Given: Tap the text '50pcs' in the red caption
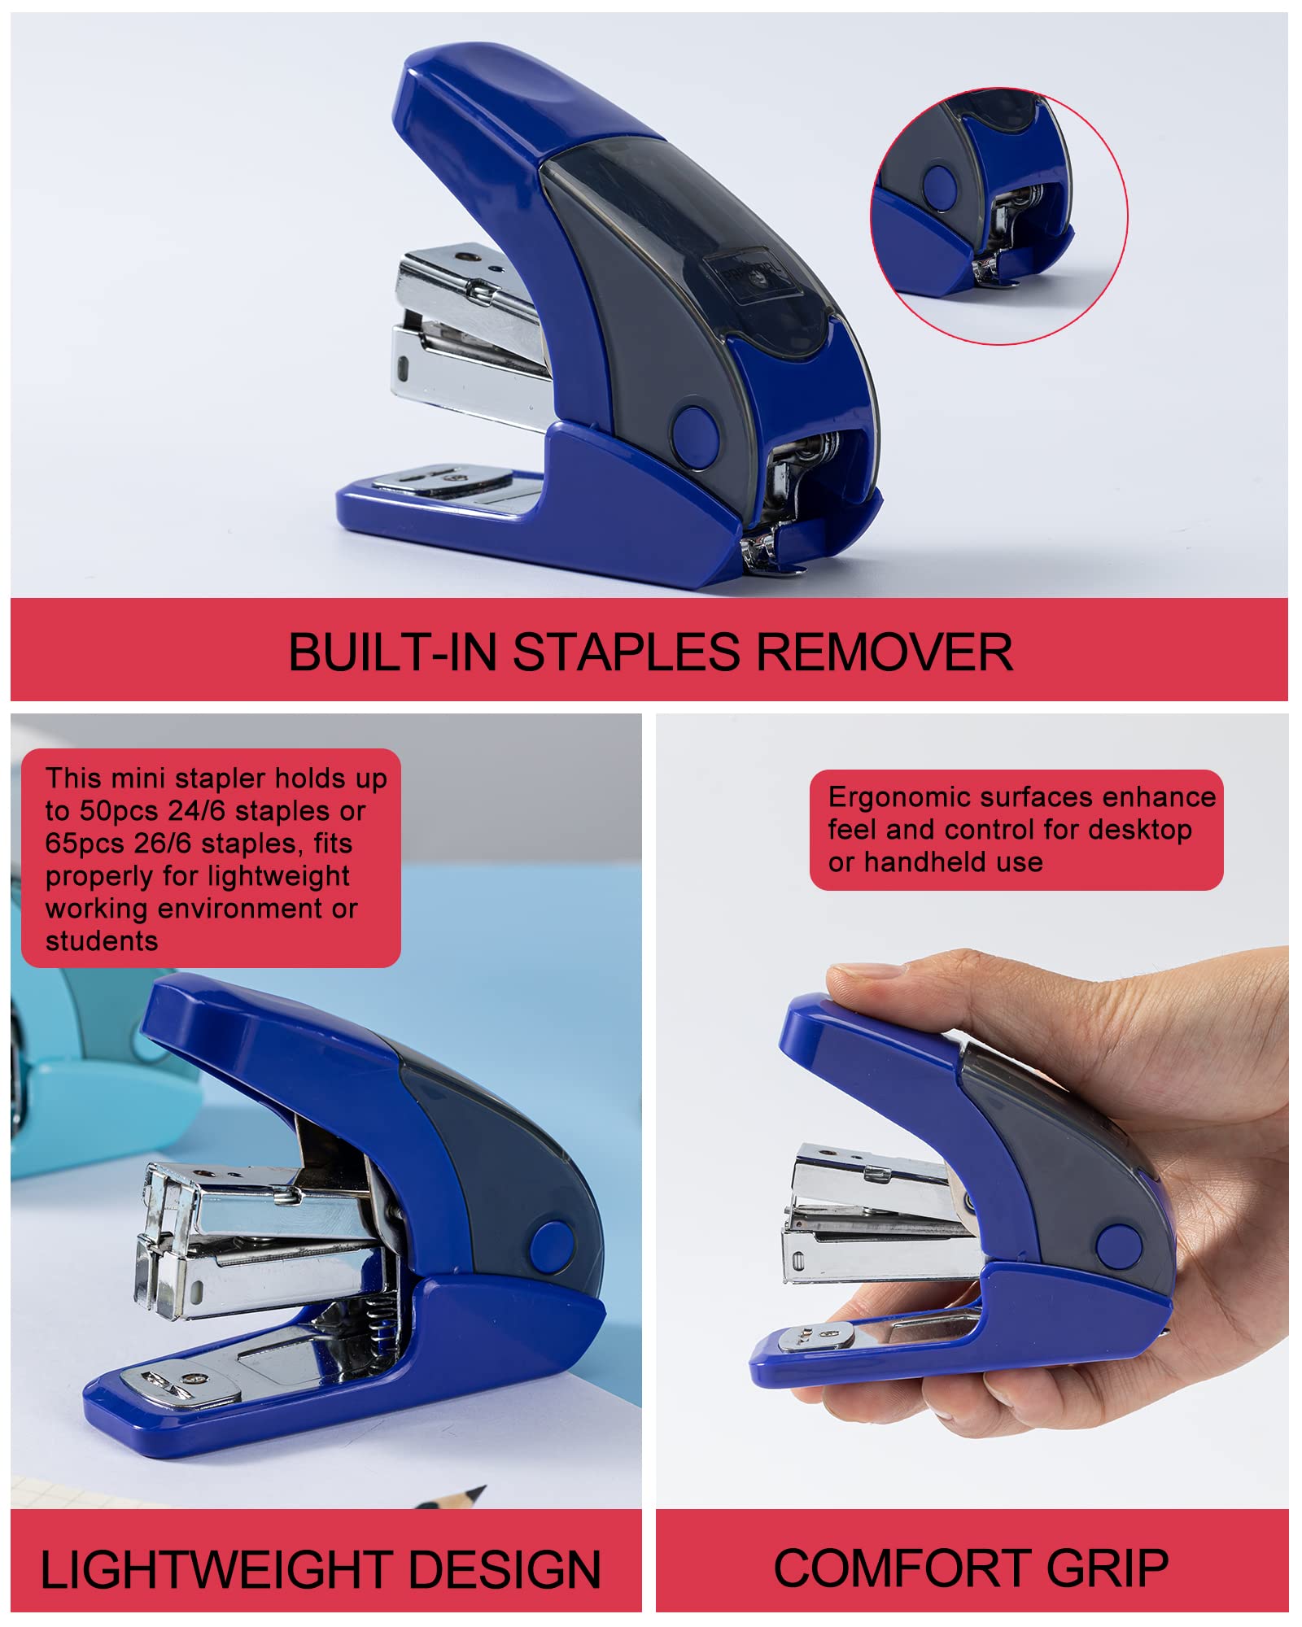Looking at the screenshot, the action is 120,811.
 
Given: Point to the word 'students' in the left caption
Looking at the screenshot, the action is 102,941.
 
